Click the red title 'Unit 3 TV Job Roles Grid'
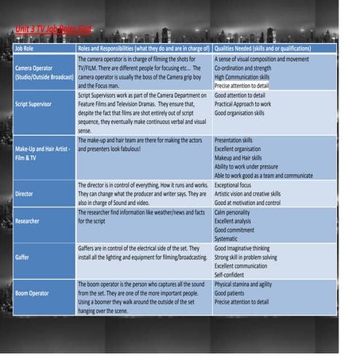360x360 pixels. click(52, 30)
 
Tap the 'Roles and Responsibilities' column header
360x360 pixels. click(143, 48)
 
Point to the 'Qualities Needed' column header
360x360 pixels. click(262, 48)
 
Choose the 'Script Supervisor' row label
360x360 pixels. click(39, 104)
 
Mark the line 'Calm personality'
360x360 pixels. click(237, 212)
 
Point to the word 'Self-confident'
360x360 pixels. click(232, 275)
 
